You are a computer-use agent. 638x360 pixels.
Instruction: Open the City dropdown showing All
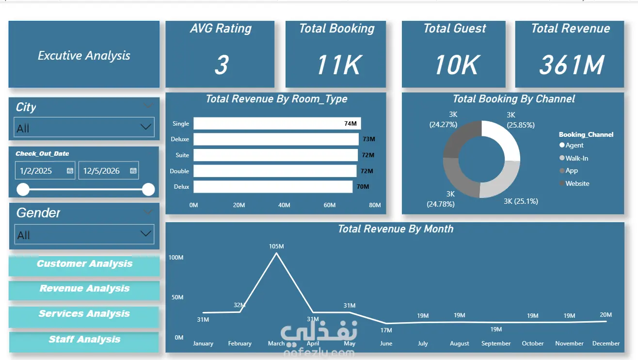point(84,127)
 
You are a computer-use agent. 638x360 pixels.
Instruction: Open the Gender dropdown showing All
point(84,234)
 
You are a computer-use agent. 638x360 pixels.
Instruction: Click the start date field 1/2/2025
point(45,170)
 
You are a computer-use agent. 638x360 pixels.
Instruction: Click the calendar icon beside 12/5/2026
point(133,170)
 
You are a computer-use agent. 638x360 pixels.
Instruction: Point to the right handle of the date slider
point(148,190)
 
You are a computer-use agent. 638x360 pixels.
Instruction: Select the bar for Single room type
point(277,123)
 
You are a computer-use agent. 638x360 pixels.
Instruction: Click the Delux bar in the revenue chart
point(273,187)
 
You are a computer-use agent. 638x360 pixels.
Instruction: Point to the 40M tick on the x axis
point(284,205)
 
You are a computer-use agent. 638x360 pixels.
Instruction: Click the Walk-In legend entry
point(574,158)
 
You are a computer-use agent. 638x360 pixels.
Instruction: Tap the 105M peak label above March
point(276,246)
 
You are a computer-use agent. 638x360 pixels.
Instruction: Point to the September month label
point(496,343)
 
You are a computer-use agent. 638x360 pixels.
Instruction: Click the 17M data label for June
point(386,330)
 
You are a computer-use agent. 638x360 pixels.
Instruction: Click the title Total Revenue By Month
point(395,229)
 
